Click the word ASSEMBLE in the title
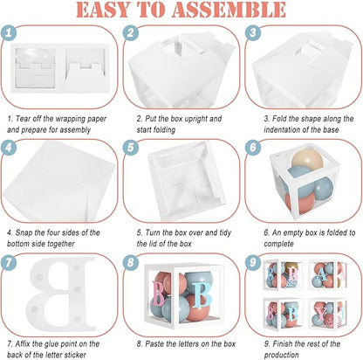[x=229, y=10]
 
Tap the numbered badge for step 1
[x=9, y=32]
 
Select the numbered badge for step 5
[x=131, y=148]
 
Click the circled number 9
[x=253, y=262]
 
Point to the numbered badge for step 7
[x=9, y=262]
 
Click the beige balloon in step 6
[x=307, y=160]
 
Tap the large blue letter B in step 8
[x=202, y=294]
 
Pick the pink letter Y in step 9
[x=321, y=315]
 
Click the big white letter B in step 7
[x=60, y=294]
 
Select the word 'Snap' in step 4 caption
[x=24, y=232]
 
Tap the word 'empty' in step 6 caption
[x=295, y=232]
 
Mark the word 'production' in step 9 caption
[x=281, y=355]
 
